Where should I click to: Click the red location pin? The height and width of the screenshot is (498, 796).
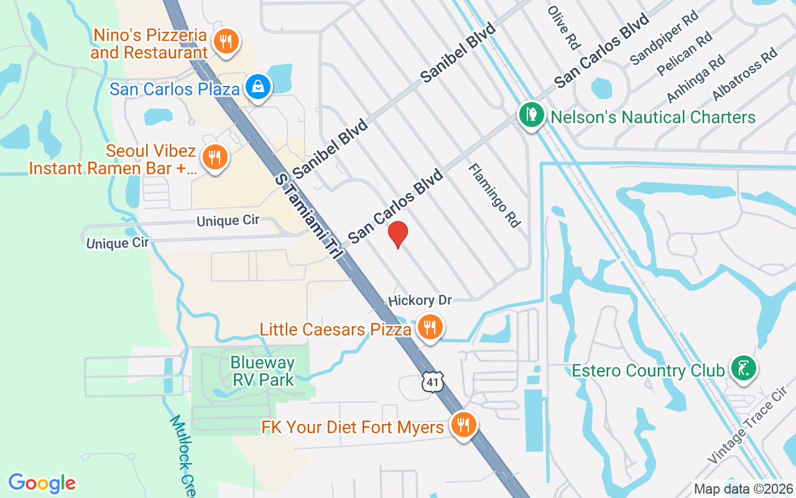[x=398, y=234]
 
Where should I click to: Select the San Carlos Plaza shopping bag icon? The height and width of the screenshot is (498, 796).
[x=257, y=87]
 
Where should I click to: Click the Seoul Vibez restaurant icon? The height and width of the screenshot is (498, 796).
[x=215, y=157]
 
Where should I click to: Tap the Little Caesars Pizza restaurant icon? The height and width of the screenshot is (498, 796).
[x=429, y=326]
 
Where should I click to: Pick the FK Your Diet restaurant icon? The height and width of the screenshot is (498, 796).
[x=463, y=425]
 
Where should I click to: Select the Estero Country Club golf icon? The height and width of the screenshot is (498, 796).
[x=743, y=368]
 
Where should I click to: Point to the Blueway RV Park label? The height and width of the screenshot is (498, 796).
[x=262, y=370]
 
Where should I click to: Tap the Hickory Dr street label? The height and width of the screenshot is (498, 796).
[x=420, y=300]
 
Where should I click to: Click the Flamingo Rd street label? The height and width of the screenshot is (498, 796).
[x=494, y=195]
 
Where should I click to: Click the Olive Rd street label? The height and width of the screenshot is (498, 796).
[x=564, y=28]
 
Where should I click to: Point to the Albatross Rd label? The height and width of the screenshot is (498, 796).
[x=745, y=73]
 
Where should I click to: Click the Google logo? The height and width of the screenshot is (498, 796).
[x=42, y=482]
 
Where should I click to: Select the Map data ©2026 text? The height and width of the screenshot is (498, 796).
[x=743, y=489]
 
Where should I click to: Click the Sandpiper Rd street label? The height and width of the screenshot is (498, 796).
[x=664, y=39]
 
